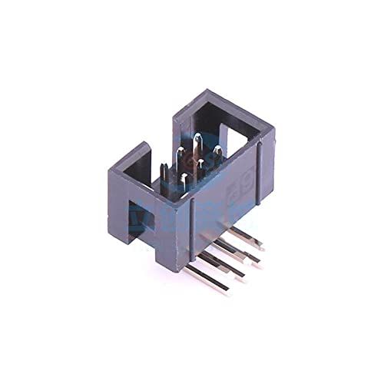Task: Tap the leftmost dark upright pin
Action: pos(164,173)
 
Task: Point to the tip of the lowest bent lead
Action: pos(227,291)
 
